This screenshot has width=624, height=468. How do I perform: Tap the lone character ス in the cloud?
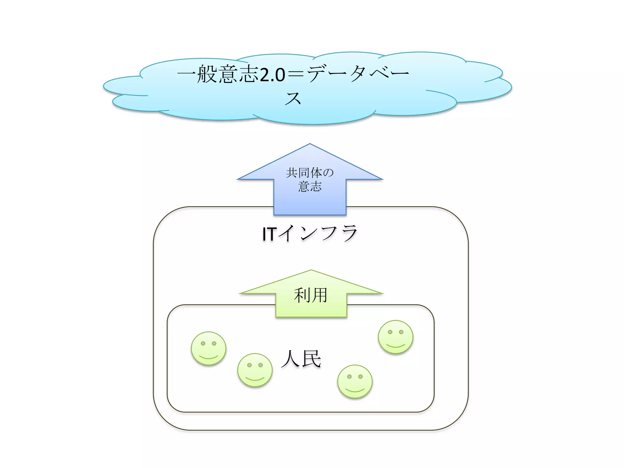pyautogui.click(x=293, y=98)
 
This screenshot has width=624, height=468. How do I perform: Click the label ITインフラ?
pyautogui.click(x=310, y=234)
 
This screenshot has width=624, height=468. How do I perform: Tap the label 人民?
pyautogui.click(x=301, y=359)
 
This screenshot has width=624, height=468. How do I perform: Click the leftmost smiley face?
pyautogui.click(x=208, y=348)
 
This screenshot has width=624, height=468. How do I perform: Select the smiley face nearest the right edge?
pyautogui.click(x=395, y=337)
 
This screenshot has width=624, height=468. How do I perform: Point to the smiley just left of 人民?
pyautogui.click(x=255, y=370)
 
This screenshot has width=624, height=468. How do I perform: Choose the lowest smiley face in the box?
pyautogui.click(x=355, y=381)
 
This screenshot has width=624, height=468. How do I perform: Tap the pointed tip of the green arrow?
pyautogui.click(x=311, y=271)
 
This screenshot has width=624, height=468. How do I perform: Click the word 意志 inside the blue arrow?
pyautogui.click(x=310, y=186)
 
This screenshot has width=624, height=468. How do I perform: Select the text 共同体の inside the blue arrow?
pyautogui.click(x=310, y=173)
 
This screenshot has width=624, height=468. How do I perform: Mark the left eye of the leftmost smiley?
pyautogui.click(x=203, y=343)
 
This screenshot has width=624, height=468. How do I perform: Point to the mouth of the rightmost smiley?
pyautogui.click(x=395, y=346)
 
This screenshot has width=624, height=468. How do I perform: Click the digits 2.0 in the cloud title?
pyautogui.click(x=272, y=75)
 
